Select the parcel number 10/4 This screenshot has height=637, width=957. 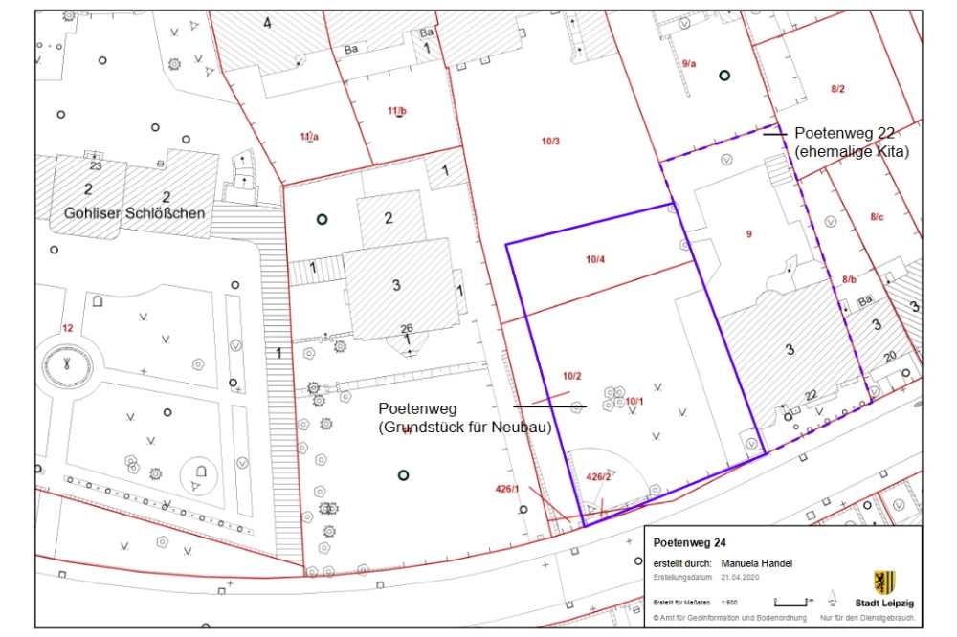tap(595, 258)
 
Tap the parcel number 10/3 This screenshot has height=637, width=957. tap(550, 143)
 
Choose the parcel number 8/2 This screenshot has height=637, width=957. tap(837, 89)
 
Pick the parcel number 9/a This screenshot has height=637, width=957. tap(689, 63)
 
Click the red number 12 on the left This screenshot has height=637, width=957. tap(67, 328)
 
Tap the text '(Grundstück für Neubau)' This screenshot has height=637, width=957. tap(465, 428)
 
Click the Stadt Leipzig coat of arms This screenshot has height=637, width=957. tap(884, 582)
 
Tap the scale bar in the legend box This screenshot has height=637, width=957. tap(792, 602)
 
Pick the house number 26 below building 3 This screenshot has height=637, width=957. tap(407, 329)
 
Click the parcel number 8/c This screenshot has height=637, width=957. tap(877, 217)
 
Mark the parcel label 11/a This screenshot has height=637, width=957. tap(309, 137)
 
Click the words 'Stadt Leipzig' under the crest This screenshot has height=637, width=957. tap(884, 604)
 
